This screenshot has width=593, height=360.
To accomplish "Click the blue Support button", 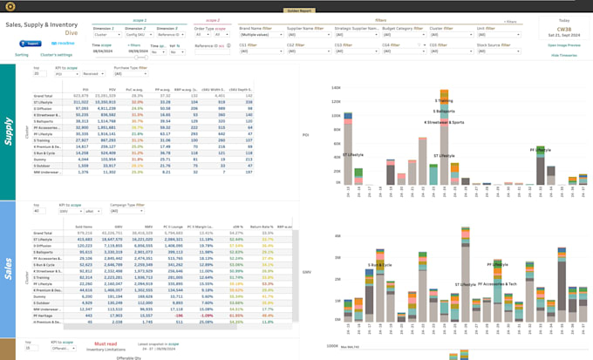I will pos(31,44).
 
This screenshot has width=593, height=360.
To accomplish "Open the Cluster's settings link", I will pos(56,55).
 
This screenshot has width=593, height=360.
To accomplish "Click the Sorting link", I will pos(21,55).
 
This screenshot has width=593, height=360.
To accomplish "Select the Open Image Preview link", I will pos(563,45).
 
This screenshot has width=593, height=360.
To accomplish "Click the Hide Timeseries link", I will pos(563,55).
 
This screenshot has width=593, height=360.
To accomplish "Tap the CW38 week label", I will pos(563,29).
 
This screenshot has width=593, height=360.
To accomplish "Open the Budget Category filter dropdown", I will pos(403,35).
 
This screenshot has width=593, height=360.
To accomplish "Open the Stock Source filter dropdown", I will pos(498,51).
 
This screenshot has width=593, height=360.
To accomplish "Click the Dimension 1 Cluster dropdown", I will pos(107,35).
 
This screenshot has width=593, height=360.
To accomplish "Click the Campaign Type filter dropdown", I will pos(126,211).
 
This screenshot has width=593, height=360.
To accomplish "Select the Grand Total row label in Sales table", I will pos(43,234).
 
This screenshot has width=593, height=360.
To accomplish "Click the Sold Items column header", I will pos(84,227).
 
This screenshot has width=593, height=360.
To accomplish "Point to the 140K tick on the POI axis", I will pos(336,88).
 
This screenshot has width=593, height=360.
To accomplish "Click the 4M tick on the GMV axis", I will pos(337,236).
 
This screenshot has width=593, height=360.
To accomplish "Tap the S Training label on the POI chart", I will pos(444,101).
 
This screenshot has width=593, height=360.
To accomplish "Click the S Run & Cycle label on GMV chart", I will pos(380,265).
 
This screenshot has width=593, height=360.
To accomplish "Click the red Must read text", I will pos(105,344).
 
